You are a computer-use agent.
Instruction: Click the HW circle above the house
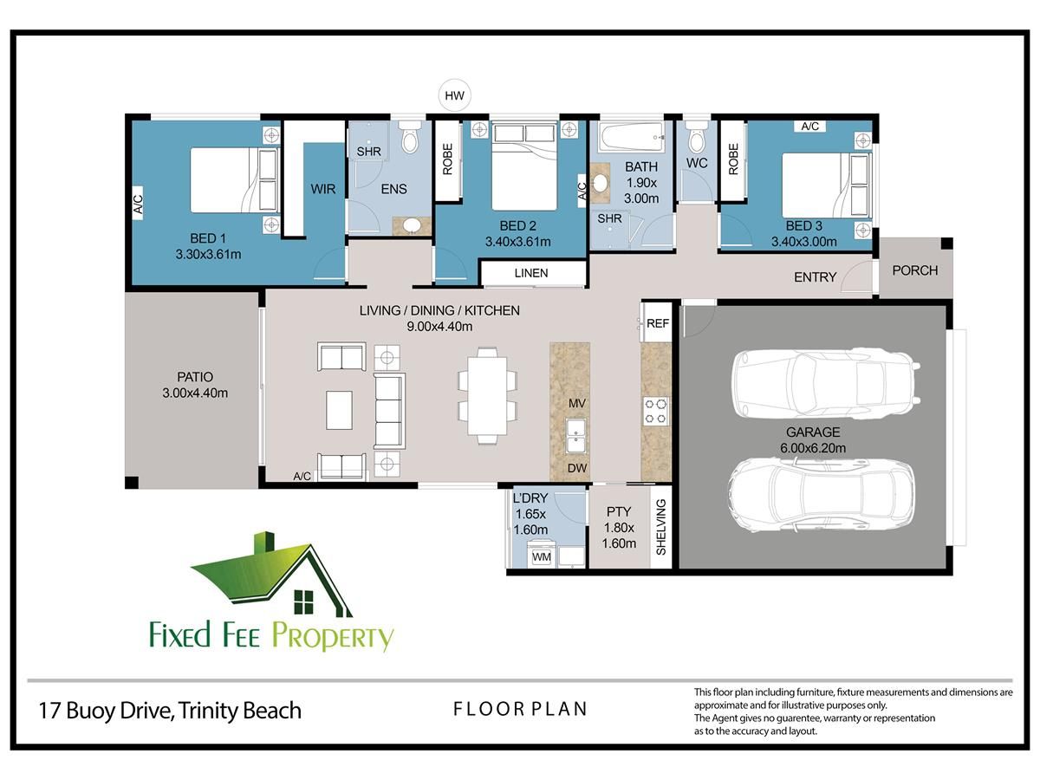pyautogui.click(x=454, y=95)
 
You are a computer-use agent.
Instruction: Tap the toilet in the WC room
pyautogui.click(x=697, y=136)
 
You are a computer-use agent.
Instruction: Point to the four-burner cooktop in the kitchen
pyautogui.click(x=656, y=411)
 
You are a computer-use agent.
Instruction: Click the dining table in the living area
pyautogui.click(x=487, y=396)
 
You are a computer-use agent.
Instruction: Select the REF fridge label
pyautogui.click(x=658, y=323)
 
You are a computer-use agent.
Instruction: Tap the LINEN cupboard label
pyautogui.click(x=531, y=273)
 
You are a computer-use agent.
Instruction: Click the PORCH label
pyautogui.click(x=915, y=270)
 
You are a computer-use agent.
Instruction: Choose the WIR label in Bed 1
pyautogui.click(x=323, y=189)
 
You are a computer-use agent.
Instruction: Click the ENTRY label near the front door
pyautogui.click(x=815, y=276)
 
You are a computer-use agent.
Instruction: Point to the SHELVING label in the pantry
pyautogui.click(x=661, y=527)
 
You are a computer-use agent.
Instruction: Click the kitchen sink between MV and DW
pyautogui.click(x=576, y=435)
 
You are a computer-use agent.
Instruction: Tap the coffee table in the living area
pyautogui.click(x=339, y=410)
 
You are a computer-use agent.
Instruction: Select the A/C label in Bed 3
pyautogui.click(x=809, y=126)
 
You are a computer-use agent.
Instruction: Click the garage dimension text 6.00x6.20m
pyautogui.click(x=813, y=447)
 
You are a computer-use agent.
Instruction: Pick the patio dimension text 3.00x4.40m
pyautogui.click(x=195, y=393)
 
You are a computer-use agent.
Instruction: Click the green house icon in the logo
pyautogui.click(x=271, y=575)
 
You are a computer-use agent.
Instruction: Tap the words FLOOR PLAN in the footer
pyautogui.click(x=520, y=709)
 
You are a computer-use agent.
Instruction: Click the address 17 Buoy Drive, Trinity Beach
pyautogui.click(x=170, y=711)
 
